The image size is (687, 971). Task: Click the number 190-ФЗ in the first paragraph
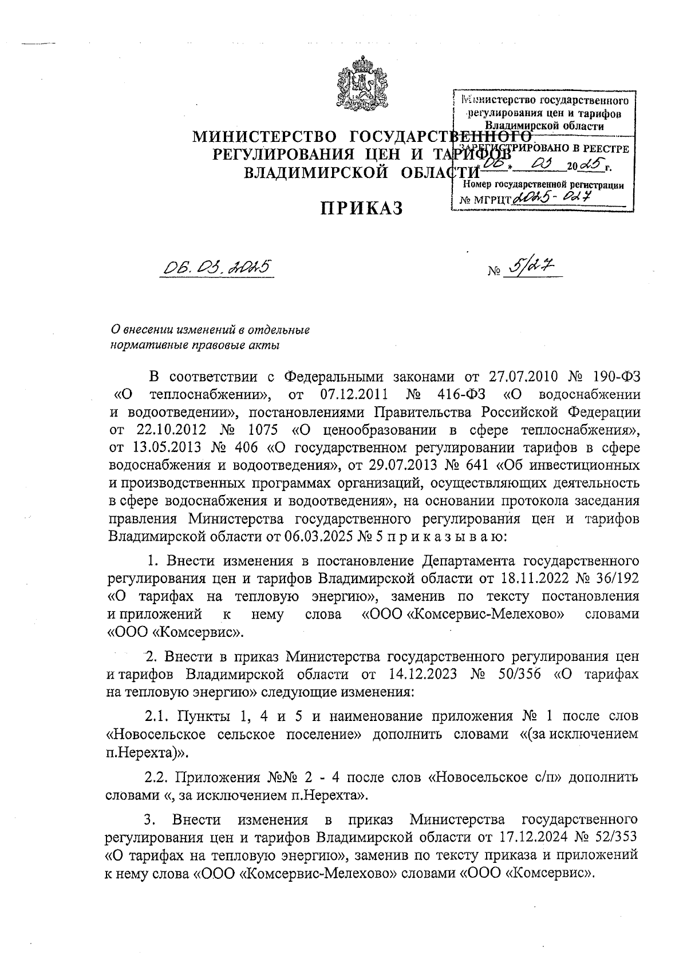click(x=609, y=376)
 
